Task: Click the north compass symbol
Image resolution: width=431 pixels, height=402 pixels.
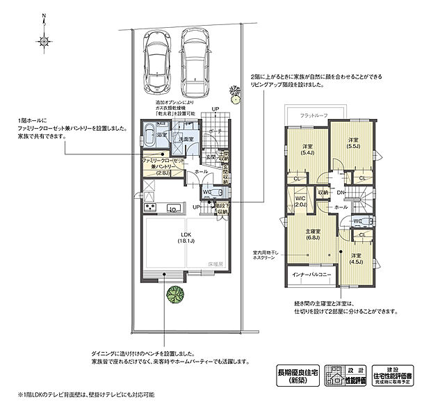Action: click(42, 27)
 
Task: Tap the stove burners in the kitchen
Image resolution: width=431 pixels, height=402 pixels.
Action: click(149, 208)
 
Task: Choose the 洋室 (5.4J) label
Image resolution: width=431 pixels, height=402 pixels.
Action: click(307, 150)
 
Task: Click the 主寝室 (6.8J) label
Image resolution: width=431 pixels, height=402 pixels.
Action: click(314, 234)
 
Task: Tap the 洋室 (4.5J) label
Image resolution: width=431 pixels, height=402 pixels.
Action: click(355, 259)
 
